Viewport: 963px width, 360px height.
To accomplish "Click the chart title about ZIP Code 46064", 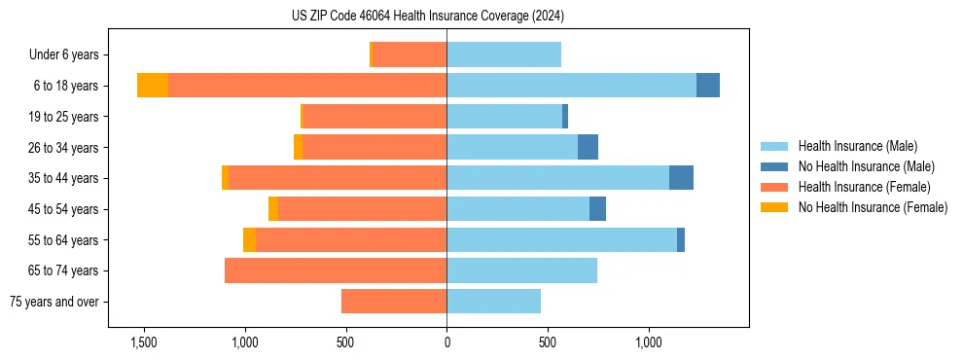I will [x=427, y=16].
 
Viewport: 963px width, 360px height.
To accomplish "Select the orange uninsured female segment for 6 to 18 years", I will [x=153, y=86].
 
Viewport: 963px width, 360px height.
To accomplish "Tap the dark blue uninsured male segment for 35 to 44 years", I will [x=681, y=178].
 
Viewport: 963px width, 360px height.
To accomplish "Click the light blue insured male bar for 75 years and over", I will [x=493, y=302].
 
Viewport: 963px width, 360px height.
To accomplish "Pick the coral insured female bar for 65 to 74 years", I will [x=336, y=270].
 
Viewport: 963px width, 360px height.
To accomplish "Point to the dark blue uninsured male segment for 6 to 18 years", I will [x=708, y=86].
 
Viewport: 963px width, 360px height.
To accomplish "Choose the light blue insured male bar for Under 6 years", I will [x=504, y=54].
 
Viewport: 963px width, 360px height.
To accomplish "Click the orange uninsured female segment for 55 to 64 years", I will [x=249, y=240].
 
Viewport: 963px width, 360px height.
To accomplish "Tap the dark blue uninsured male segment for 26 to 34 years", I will [x=588, y=147].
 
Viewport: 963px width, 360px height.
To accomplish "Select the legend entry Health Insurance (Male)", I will [x=857, y=146].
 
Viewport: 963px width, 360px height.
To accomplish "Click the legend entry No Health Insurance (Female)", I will [x=873, y=207].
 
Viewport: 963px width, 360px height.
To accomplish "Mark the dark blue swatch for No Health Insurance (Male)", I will [x=775, y=166].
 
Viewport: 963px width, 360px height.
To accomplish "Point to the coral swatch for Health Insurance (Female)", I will [x=775, y=187].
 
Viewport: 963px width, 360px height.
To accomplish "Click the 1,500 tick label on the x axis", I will [x=143, y=342].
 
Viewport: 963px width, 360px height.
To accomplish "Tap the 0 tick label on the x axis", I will [x=446, y=342].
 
